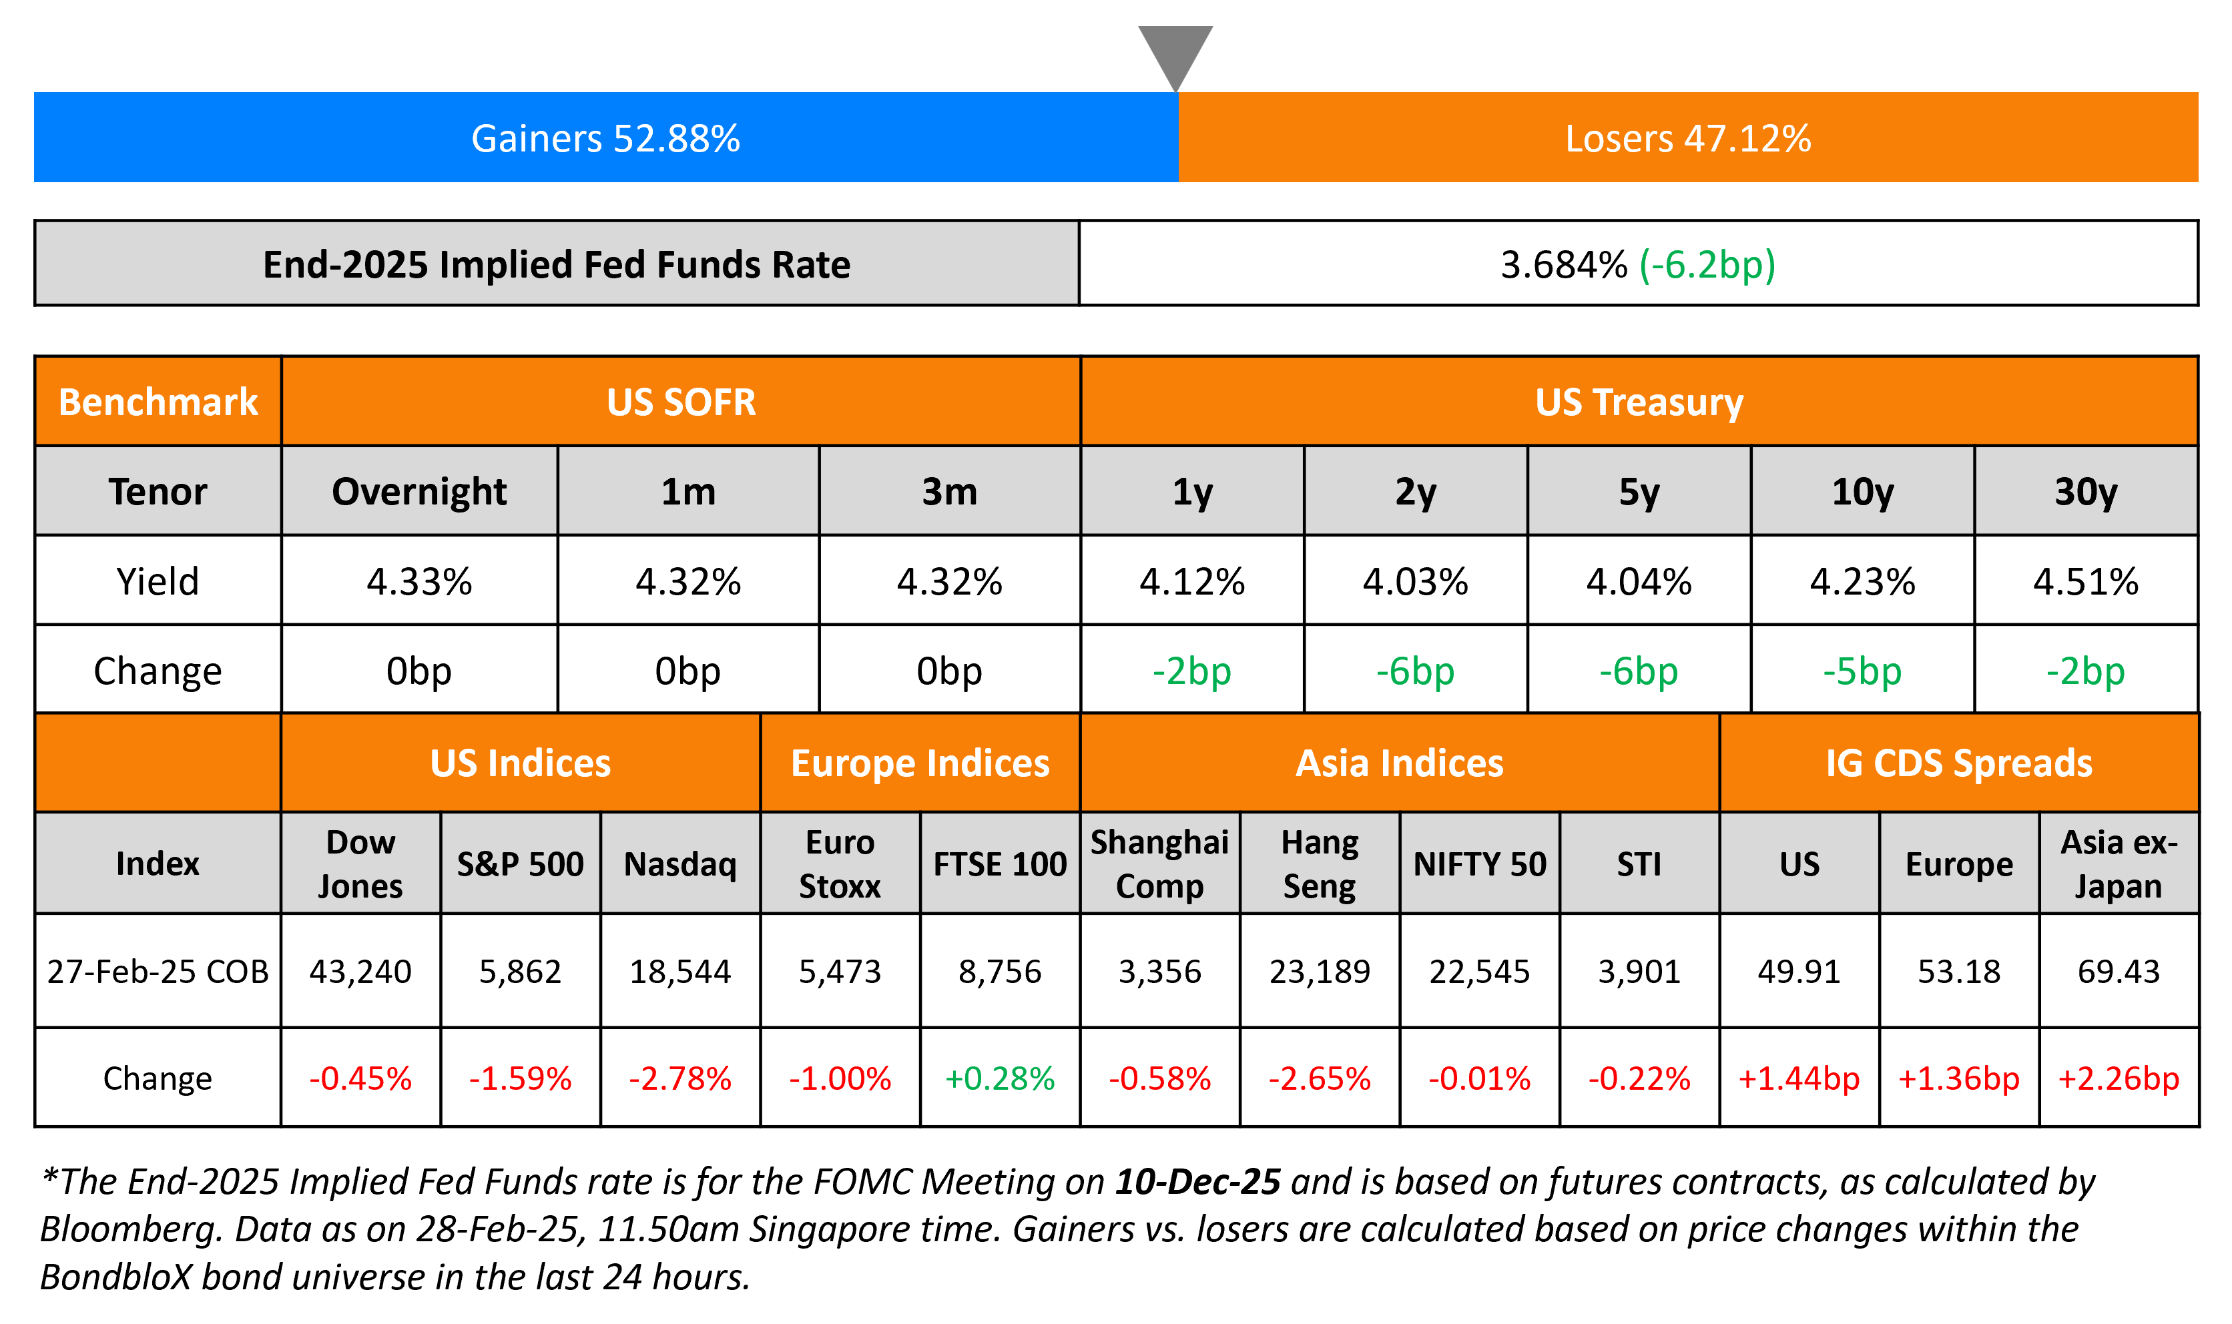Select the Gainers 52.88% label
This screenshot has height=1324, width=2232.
pos(606,138)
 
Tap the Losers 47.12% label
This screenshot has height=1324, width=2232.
pos(1688,138)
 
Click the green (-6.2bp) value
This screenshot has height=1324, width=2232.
pos(1707,265)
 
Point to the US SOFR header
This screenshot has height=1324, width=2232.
pos(681,402)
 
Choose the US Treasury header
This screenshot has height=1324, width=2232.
pos(1639,402)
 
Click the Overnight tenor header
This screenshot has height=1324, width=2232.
pos(418,492)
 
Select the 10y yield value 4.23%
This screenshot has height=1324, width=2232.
pos(1862,582)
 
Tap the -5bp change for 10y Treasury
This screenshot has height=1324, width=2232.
pos(1862,671)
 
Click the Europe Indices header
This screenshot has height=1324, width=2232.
pos(920,763)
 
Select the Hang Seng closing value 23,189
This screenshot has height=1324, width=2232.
pos(1320,972)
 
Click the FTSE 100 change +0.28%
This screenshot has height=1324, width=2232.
pos(999,1078)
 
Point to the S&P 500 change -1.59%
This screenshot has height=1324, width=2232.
pos(520,1078)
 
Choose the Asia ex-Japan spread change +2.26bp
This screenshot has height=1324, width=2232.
pos(2118,1078)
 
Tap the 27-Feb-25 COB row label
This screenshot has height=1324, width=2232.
pos(158,972)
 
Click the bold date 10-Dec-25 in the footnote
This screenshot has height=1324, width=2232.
pos(1197,1181)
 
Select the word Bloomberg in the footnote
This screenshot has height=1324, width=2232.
pos(128,1229)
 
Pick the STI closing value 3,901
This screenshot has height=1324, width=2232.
pos(1639,972)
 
